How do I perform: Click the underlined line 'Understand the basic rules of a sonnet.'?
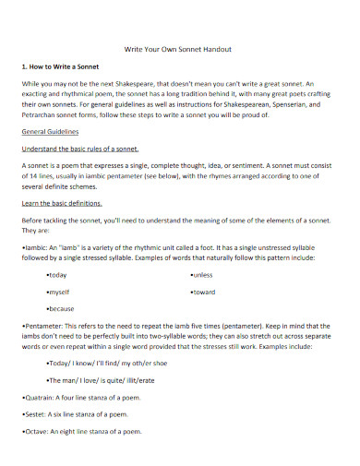pos(79,148)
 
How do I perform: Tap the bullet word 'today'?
pos(57,275)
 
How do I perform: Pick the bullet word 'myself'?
pos(59,292)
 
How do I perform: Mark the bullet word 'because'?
pos(61,307)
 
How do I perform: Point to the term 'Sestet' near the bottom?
pos(38,413)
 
